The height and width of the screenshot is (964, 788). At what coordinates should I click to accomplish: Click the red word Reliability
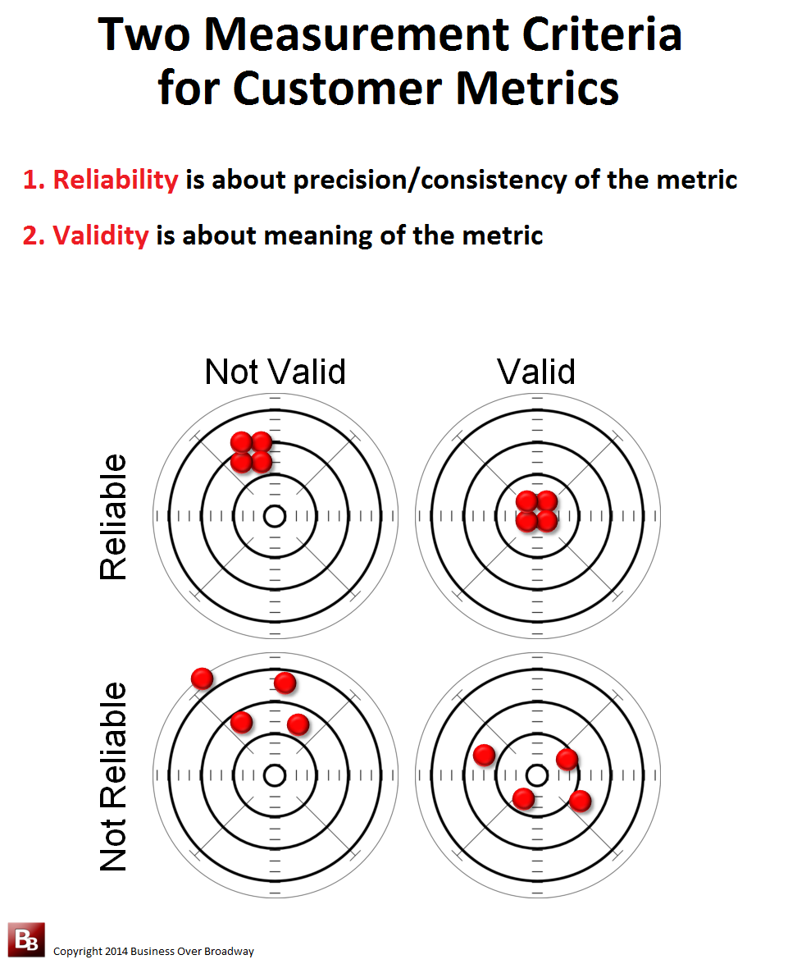(x=116, y=180)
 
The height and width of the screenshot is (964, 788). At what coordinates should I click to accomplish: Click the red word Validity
(x=101, y=235)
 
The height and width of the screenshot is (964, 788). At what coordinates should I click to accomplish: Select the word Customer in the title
(x=338, y=89)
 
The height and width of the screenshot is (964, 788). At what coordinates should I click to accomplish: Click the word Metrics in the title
(x=537, y=89)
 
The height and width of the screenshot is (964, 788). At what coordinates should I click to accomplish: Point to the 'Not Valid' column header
(x=276, y=372)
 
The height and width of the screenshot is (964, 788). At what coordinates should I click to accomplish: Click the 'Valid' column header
(x=536, y=372)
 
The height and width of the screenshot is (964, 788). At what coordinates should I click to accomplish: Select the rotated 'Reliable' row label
(x=113, y=517)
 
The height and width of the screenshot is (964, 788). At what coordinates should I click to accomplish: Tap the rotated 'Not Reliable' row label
(x=113, y=776)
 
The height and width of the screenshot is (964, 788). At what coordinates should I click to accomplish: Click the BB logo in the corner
(x=26, y=939)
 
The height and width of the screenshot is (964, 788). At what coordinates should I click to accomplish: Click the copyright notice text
(x=153, y=951)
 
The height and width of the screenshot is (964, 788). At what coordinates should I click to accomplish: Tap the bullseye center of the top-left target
(x=275, y=516)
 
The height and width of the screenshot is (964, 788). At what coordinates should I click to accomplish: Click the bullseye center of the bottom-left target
(x=275, y=776)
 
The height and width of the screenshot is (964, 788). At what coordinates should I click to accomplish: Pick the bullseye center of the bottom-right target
(x=537, y=776)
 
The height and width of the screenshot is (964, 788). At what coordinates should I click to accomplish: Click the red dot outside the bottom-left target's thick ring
(x=203, y=678)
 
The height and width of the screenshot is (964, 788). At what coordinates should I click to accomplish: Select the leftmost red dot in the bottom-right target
(x=485, y=754)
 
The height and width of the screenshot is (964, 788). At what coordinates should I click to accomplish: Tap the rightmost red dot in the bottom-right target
(x=581, y=801)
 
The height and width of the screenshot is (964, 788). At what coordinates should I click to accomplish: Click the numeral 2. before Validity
(x=34, y=235)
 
